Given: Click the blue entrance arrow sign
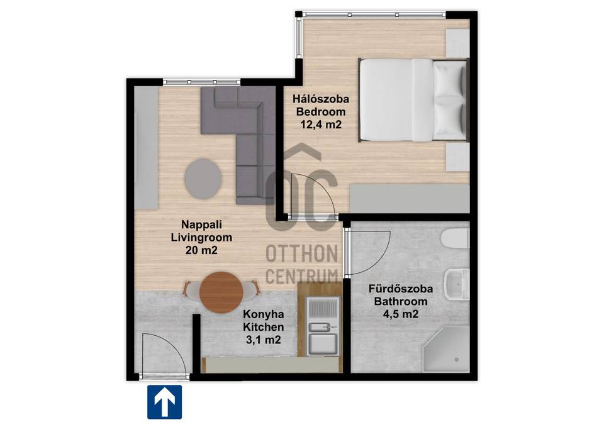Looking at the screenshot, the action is point(164,402).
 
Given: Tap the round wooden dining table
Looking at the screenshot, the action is point(221,292).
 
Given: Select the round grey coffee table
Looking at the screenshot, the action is point(203,179).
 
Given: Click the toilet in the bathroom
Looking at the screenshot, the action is point(456,239).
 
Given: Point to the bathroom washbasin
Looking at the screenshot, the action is point(457,284).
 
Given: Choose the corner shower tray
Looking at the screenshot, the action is point(446,350).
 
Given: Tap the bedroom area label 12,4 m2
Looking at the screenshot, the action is point(321,125).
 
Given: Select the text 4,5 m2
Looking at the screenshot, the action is point(401,314).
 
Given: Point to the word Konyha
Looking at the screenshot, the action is point(264,314).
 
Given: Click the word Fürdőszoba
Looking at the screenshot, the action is point(401,289).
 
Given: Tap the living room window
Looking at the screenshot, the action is point(201,82).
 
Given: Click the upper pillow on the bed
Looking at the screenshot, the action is point(449,80).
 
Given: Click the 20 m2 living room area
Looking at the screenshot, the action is point(201,250).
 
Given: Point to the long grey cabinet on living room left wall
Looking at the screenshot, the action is point(147,148).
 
